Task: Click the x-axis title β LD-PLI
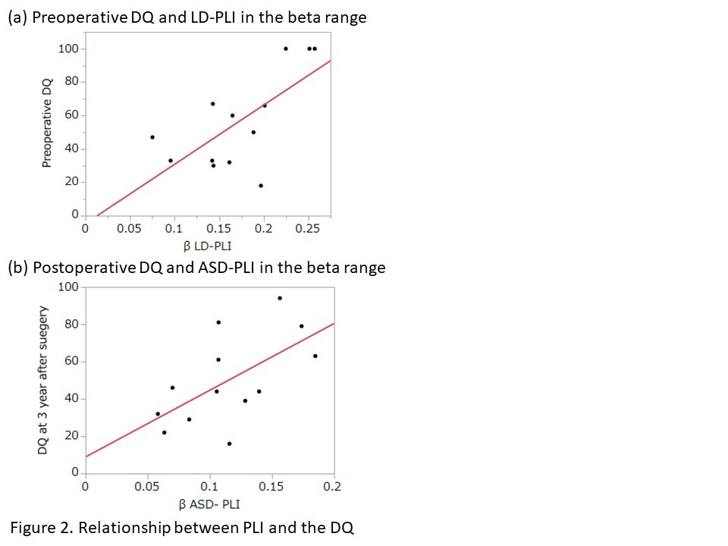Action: coord(207,246)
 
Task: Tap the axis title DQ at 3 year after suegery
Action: coord(44,381)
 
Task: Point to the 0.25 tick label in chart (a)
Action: coord(308,228)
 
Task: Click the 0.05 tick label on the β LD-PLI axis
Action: coord(129,228)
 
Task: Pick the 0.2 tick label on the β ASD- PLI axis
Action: coord(333,487)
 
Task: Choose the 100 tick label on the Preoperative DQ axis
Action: coord(67,49)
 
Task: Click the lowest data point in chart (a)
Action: coord(261,185)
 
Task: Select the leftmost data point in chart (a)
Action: coord(152,137)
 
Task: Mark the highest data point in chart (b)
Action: coord(280,298)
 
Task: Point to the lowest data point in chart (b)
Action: coord(229,444)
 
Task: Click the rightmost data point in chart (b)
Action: coord(315,356)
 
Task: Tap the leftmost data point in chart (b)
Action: coord(158,414)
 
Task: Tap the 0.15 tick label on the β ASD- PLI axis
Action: coord(271,487)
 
